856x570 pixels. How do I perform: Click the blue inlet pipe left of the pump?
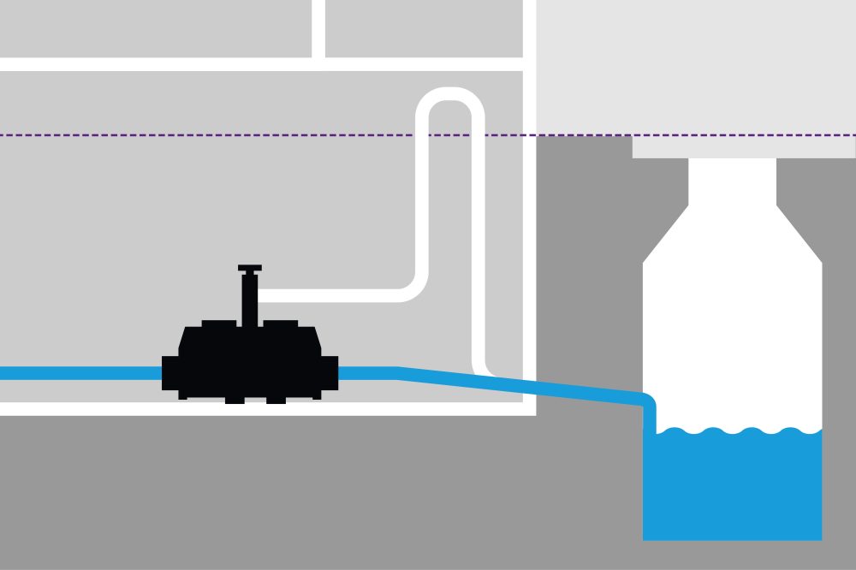[77, 373]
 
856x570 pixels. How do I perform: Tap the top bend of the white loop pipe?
[450, 95]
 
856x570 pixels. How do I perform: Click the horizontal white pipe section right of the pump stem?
[342, 295]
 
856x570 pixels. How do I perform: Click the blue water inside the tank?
[732, 488]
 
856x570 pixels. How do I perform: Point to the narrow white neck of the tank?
[733, 188]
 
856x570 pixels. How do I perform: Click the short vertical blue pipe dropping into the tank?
[649, 413]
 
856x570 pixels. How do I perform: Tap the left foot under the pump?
[233, 399]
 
